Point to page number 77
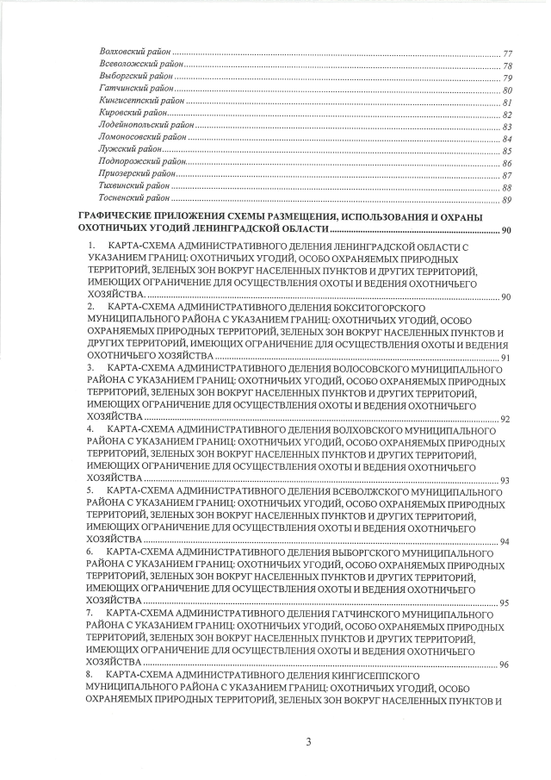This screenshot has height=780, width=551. point(507,54)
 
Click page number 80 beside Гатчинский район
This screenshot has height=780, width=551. point(507,90)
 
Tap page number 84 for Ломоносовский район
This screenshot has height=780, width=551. point(507,139)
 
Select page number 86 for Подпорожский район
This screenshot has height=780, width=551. point(507,163)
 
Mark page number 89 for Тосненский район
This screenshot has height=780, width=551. point(507,200)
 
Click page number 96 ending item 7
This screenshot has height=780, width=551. point(505,665)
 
